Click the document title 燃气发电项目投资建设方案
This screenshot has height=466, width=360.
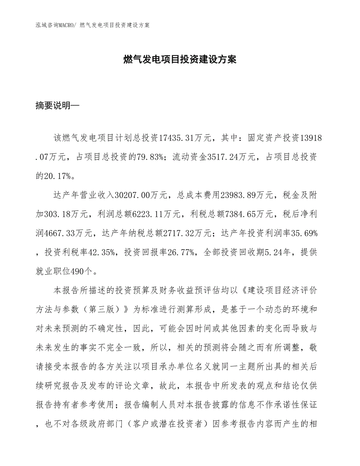180,59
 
